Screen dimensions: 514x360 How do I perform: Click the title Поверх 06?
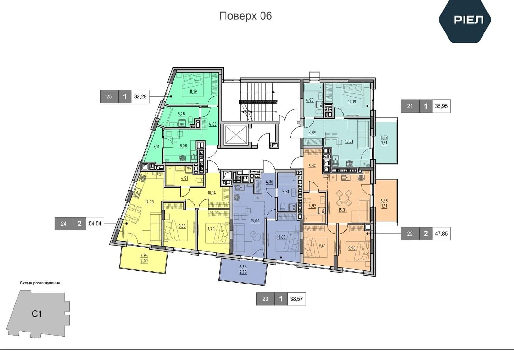245,16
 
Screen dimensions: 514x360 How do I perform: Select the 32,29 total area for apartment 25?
140,96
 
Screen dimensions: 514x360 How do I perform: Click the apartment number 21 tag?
410,106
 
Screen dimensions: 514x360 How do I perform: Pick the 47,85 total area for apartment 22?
441,233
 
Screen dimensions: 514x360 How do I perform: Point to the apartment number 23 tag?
265,299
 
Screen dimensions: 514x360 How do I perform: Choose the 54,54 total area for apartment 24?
95,223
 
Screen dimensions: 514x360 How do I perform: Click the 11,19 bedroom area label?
193,91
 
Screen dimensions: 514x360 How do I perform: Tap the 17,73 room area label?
149,202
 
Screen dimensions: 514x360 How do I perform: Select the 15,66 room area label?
255,221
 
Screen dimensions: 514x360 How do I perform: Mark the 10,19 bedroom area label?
352,102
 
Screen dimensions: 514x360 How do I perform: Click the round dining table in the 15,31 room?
344,198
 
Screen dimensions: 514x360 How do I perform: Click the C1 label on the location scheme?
37,314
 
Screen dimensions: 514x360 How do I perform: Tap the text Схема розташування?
40,283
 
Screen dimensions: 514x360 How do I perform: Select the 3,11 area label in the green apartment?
156,147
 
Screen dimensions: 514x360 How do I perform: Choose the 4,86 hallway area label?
270,182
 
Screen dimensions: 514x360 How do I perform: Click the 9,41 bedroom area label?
322,246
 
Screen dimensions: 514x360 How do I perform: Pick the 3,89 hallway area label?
312,133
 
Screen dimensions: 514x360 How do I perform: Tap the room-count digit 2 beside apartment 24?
79,224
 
